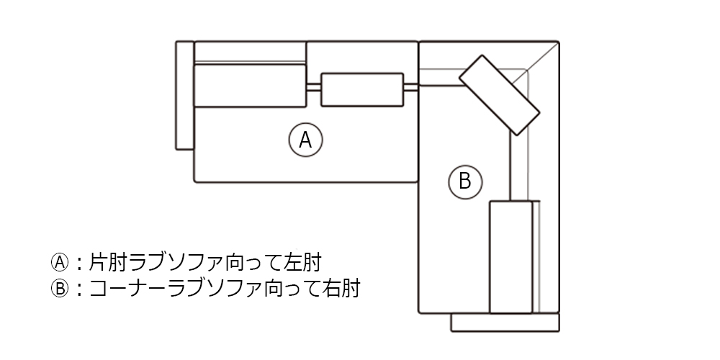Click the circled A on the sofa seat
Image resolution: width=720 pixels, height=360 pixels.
pyautogui.click(x=305, y=140)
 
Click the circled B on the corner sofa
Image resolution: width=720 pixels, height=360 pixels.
pyautogui.click(x=464, y=180)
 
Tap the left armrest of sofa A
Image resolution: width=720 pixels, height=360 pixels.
pyautogui.click(x=184, y=96)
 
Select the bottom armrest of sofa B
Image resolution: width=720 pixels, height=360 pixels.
pyautogui.click(x=505, y=323)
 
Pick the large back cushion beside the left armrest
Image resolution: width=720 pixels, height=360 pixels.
pyautogui.click(x=250, y=86)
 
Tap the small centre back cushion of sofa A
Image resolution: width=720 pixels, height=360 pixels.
pyautogui.click(x=361, y=89)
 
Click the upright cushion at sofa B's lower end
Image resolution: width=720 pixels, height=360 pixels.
pyautogui.click(x=510, y=257)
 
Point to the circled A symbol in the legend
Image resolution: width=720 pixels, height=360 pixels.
pyautogui.click(x=59, y=260)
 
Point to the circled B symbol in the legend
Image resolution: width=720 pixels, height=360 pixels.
pyautogui.click(x=59, y=289)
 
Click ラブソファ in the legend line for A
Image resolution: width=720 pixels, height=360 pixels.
pyautogui.click(x=188, y=260)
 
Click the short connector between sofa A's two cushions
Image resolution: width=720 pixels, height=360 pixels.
pyautogui.click(x=313, y=87)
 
